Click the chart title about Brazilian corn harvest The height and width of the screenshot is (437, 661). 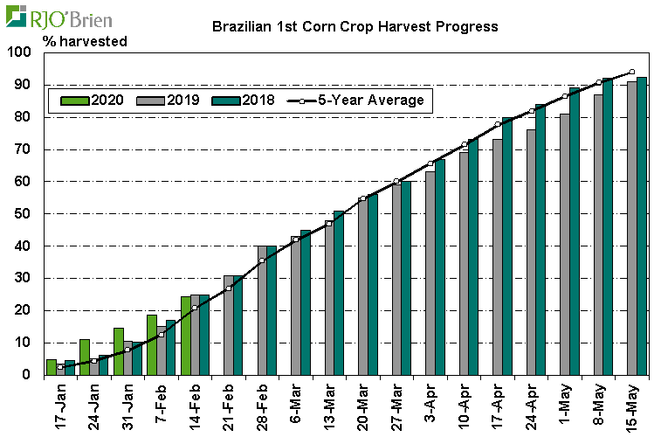[x=355, y=26]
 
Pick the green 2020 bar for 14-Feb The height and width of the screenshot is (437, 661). [x=185, y=336]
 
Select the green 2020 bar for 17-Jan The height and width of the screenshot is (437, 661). [x=51, y=367]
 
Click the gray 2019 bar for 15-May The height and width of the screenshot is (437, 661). [x=631, y=228]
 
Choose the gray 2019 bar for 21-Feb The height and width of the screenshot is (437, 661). [x=228, y=325]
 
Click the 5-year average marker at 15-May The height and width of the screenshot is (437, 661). [x=631, y=73]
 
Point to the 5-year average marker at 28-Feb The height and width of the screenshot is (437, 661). [x=261, y=260]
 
